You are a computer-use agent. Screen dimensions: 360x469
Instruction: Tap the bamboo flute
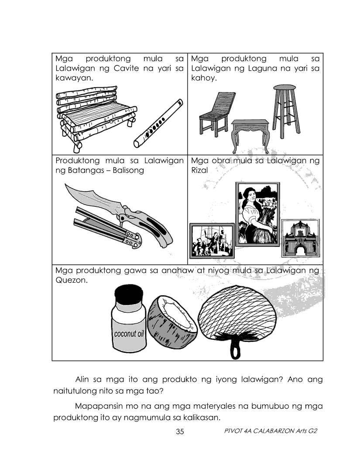coord(158,123)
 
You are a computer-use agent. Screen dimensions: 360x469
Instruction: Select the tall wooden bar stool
coord(285,111)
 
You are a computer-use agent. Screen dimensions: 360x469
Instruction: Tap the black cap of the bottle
coord(129,294)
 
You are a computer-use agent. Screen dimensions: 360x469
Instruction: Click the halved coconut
coord(172,322)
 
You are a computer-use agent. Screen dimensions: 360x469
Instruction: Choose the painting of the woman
coord(257,214)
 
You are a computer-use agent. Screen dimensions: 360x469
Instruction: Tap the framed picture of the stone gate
coord(301,238)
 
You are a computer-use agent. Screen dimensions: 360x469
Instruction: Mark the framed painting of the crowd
coord(212,241)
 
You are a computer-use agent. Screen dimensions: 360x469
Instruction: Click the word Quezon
coord(72,280)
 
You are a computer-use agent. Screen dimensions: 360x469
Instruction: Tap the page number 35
coord(180,431)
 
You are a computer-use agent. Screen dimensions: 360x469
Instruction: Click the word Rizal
coord(199,170)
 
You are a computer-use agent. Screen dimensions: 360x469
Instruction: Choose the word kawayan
coord(74,79)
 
